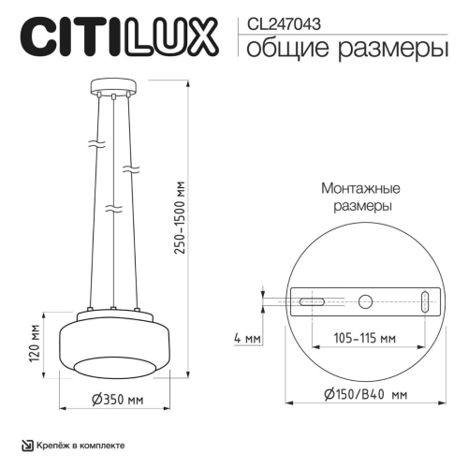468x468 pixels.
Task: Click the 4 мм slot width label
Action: click(247, 337)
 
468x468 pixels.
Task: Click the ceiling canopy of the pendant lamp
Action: click(112, 92)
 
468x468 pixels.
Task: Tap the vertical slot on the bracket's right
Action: click(426, 302)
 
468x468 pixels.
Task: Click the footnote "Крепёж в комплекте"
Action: click(80, 446)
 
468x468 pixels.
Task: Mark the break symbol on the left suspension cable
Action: click(94, 146)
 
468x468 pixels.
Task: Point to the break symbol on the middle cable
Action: click(112, 209)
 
